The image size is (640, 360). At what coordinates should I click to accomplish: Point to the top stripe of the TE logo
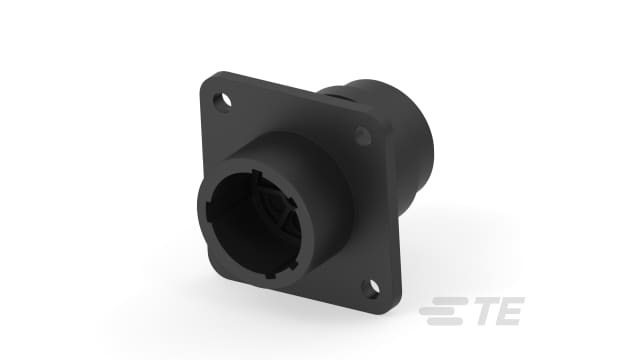pos(442,304)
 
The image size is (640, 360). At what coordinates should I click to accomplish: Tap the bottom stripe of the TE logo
pos(442,323)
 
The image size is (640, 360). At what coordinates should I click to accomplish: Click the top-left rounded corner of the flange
pos(212,80)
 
